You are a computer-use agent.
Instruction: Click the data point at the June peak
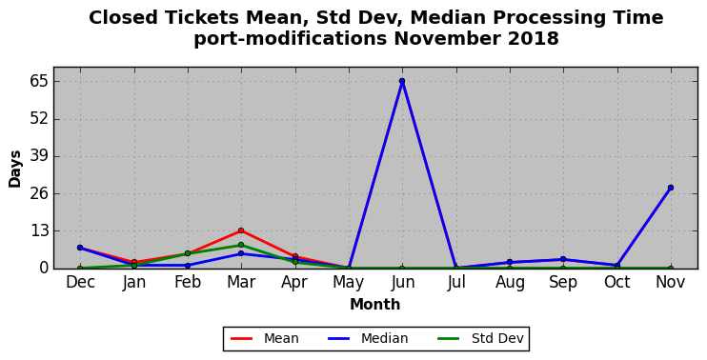(x=402, y=81)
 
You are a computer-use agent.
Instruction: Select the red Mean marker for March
(x=241, y=230)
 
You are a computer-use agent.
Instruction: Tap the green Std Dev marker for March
(x=241, y=245)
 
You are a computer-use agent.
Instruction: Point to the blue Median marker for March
(x=241, y=253)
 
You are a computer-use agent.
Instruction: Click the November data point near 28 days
(x=671, y=188)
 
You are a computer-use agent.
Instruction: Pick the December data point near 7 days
(x=80, y=248)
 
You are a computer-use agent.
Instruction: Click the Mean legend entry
(x=265, y=338)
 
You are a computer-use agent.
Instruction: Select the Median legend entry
(x=368, y=338)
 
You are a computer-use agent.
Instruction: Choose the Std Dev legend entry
(x=481, y=338)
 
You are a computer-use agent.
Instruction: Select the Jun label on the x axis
(x=402, y=283)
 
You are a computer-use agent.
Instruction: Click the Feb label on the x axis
(x=188, y=283)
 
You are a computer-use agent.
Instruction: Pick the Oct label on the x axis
(x=616, y=283)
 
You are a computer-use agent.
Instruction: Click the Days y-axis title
(x=15, y=169)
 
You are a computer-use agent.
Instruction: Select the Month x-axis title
(x=375, y=305)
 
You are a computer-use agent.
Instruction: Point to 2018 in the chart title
(x=534, y=39)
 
